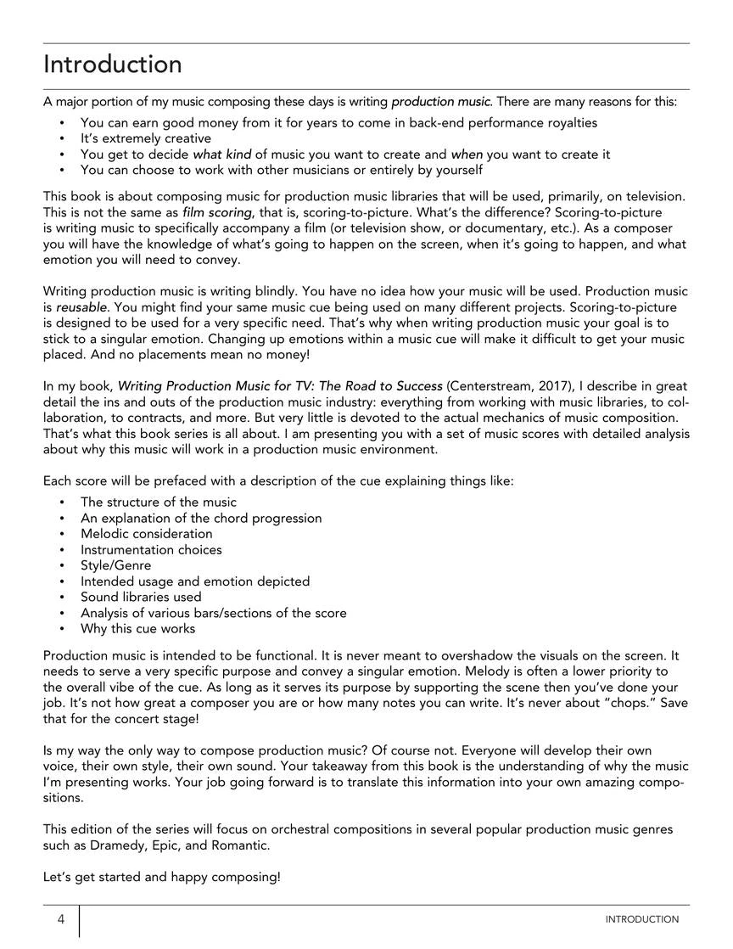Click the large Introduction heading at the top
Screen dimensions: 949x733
click(113, 65)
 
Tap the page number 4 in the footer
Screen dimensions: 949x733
click(61, 919)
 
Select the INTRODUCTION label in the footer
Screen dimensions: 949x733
click(641, 919)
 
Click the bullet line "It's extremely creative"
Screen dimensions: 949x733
click(146, 138)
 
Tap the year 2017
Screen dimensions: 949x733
click(551, 386)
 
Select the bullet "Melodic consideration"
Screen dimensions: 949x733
click(147, 534)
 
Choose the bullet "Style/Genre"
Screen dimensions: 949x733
click(116, 565)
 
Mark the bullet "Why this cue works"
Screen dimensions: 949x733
click(137, 629)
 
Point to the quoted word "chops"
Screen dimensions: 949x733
click(612, 704)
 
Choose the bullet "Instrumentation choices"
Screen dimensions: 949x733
click(151, 550)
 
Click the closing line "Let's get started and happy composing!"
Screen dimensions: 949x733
click(161, 877)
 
